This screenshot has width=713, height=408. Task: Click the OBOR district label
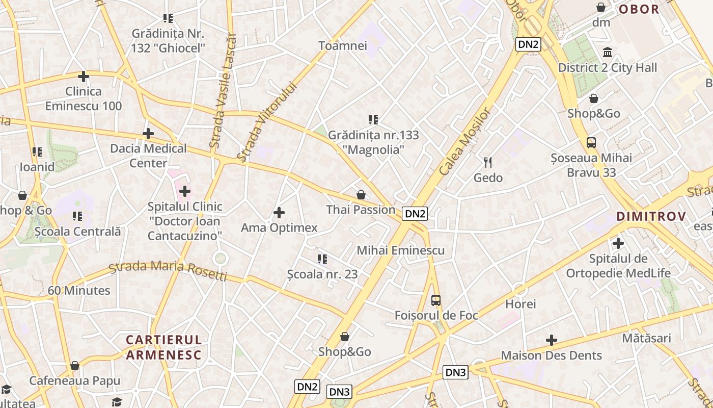[639, 9]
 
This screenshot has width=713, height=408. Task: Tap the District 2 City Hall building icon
[608, 53]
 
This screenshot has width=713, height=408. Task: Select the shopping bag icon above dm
[601, 7]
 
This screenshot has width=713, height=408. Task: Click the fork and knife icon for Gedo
[488, 163]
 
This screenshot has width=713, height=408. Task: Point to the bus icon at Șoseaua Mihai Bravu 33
[591, 143]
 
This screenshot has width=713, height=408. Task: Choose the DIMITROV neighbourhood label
[651, 216]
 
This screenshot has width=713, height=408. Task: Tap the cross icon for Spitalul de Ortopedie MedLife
[618, 243]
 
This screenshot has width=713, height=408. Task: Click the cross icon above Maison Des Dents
[551, 340]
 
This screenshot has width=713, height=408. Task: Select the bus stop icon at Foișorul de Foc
[436, 300]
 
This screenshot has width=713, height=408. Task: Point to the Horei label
[520, 304]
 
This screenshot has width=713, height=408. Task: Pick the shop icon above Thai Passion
[361, 195]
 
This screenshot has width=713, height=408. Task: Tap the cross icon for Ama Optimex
[279, 213]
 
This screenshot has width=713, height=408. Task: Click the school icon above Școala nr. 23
[322, 259]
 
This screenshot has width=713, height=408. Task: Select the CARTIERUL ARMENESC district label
[164, 347]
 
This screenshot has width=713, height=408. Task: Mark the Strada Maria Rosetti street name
[168, 271]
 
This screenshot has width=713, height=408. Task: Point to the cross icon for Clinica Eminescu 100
[84, 77]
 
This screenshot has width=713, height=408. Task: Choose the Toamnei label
[342, 46]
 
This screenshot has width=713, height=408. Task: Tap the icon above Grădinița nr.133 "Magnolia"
[373, 120]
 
